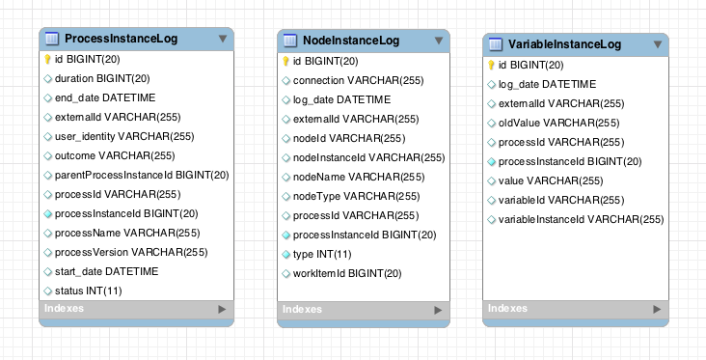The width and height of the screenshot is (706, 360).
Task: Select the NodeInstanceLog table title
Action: [351, 40]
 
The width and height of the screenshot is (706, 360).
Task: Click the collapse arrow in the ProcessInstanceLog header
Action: [223, 39]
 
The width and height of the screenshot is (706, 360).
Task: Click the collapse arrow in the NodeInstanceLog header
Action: [439, 40]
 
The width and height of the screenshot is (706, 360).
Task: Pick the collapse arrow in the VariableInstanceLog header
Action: [658, 44]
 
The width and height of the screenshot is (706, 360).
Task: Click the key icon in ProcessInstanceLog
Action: [48, 59]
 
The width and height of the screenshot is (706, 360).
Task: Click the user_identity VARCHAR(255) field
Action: [124, 136]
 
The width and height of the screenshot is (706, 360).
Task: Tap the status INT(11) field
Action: [88, 291]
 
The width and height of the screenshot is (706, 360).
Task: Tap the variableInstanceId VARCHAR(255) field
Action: [581, 219]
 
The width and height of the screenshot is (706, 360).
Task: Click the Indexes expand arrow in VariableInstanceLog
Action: [658, 309]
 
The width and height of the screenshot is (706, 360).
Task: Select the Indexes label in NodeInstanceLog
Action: [302, 310]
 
